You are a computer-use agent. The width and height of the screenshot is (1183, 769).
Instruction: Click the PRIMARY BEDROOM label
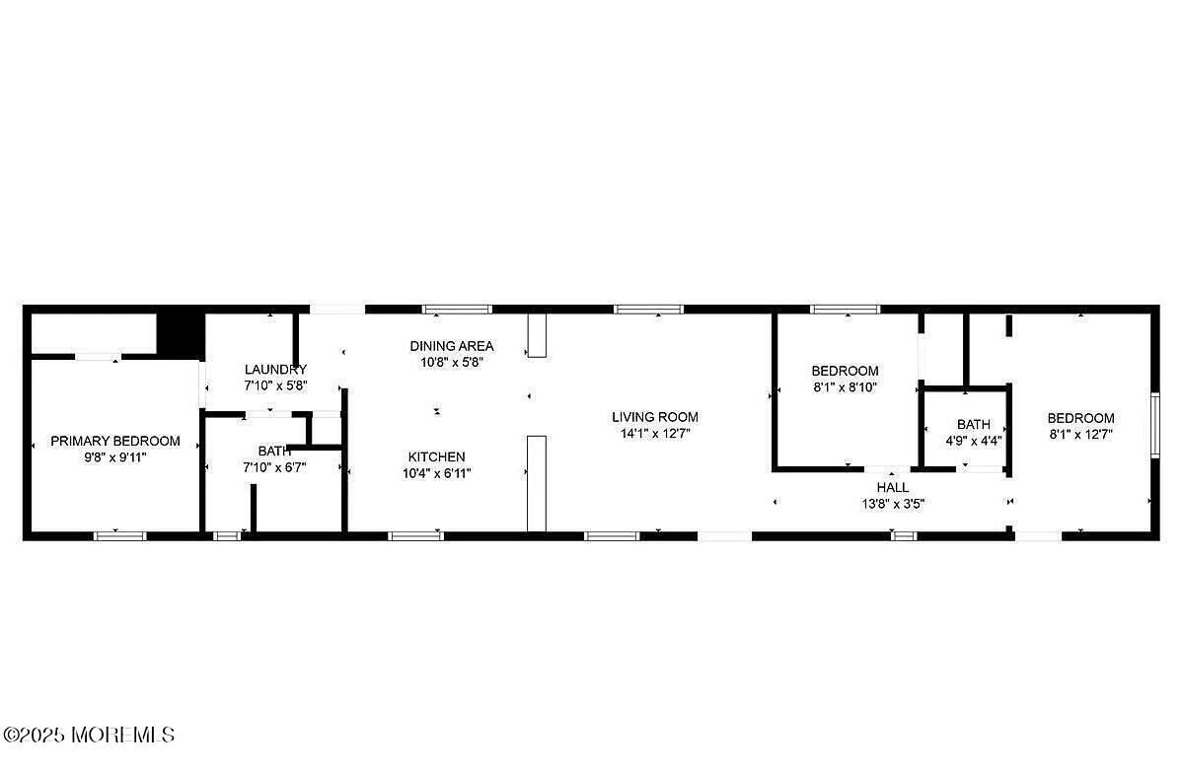[115, 441]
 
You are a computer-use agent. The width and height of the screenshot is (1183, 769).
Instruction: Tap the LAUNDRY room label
[275, 370]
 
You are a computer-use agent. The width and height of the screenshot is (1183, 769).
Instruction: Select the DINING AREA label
[452, 346]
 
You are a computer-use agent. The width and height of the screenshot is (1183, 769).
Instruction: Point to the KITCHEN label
[437, 456]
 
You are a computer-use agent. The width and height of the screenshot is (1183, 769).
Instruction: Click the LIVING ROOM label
[655, 417]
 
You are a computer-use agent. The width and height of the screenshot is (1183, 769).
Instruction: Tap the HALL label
[893, 488]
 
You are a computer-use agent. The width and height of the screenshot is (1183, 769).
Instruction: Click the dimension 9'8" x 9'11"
[115, 457]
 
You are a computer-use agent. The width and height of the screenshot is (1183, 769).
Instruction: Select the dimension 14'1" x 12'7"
[655, 434]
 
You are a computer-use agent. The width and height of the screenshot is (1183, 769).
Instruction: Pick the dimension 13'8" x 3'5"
[893, 505]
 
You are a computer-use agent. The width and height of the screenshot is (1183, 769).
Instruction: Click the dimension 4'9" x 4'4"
[974, 441]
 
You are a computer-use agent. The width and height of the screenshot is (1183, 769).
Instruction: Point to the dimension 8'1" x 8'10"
[845, 387]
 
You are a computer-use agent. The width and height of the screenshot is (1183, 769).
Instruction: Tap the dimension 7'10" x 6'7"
[274, 467]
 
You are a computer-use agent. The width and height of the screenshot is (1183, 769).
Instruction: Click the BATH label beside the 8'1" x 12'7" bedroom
[974, 425]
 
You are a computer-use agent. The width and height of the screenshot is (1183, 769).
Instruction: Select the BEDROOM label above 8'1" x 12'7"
[1080, 418]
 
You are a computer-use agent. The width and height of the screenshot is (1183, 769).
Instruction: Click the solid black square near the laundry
[181, 333]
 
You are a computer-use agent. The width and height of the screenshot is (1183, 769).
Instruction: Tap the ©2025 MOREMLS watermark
[88, 734]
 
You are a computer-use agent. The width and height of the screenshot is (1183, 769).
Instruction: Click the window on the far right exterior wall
[1155, 425]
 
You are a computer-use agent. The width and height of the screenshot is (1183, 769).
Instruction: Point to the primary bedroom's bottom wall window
[120, 536]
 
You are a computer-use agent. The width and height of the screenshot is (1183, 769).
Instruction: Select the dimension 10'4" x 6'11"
[437, 473]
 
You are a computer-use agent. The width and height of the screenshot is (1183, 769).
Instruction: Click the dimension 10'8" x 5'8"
[452, 362]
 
